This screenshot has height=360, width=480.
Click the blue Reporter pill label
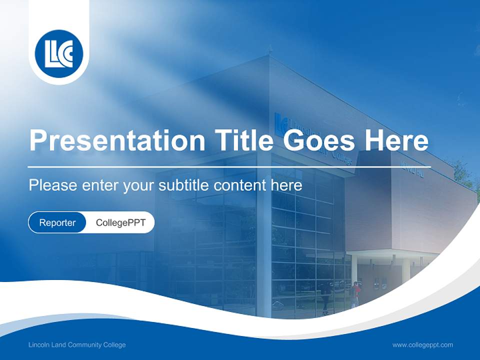[57, 222]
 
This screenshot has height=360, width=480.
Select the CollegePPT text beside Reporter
[120, 222]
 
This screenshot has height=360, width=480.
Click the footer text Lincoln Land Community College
[77, 345]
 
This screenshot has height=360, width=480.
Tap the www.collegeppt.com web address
[422, 345]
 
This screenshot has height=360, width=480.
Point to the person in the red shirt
[355, 292]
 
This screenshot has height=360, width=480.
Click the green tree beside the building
[463, 172]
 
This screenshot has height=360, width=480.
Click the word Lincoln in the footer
[38, 345]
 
